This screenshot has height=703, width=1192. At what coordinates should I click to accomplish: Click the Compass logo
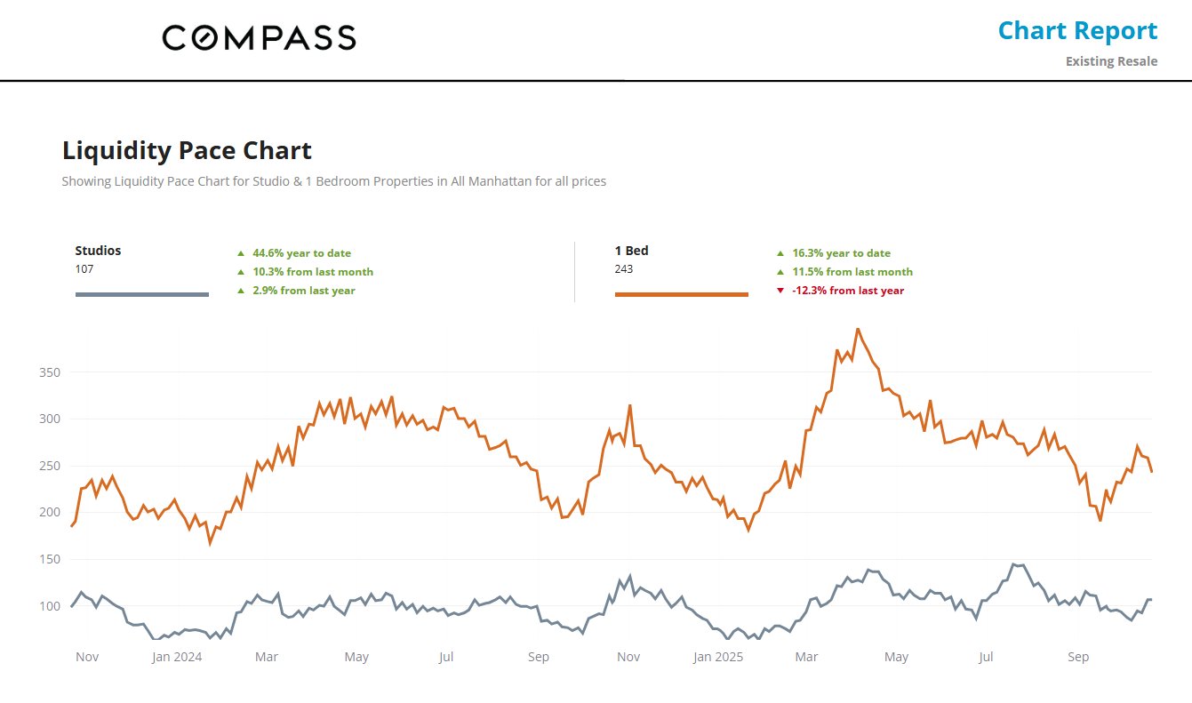(x=259, y=37)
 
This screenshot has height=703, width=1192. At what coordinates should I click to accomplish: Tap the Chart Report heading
(x=1077, y=31)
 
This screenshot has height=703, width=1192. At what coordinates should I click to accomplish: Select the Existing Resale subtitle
(x=1111, y=61)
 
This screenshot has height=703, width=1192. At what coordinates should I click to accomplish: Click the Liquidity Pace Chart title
(x=187, y=150)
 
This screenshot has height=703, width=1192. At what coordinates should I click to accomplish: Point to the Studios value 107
(x=84, y=268)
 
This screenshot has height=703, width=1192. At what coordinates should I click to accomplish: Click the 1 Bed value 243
(x=624, y=268)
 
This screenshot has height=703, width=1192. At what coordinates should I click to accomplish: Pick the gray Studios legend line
(x=142, y=294)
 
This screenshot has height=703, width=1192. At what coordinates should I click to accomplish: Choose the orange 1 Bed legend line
(x=682, y=294)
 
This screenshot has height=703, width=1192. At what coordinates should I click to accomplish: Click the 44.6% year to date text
(x=301, y=253)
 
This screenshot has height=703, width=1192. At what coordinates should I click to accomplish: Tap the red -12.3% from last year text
(x=848, y=291)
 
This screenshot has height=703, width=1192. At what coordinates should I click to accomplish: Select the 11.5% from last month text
(x=852, y=272)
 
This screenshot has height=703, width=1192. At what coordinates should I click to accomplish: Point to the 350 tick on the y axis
(x=49, y=372)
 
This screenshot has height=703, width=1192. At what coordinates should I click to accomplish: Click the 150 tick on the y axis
(x=49, y=560)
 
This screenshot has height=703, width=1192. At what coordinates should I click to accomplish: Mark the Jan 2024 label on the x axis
(x=177, y=657)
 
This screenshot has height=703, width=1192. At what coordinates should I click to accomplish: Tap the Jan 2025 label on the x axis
(x=717, y=657)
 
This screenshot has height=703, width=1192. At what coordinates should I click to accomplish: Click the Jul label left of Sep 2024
(x=446, y=657)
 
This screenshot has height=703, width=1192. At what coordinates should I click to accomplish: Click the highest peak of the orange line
(x=857, y=329)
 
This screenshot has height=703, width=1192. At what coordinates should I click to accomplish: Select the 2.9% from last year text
(x=304, y=291)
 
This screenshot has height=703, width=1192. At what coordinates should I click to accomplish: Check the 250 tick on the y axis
(x=49, y=466)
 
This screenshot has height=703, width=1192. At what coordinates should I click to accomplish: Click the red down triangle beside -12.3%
(x=780, y=291)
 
